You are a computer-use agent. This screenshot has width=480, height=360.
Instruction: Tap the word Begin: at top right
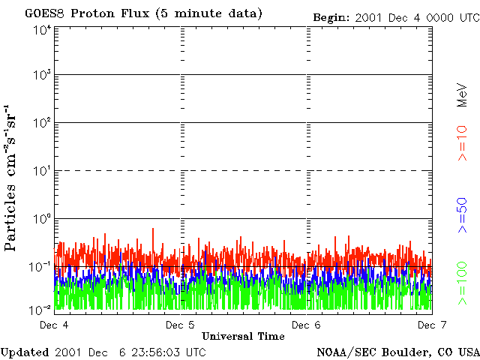pyautogui.click(x=332, y=17)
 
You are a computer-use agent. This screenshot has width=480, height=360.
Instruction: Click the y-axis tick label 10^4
pyautogui.click(x=42, y=30)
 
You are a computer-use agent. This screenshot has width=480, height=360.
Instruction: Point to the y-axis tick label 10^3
pyautogui.click(x=42, y=75)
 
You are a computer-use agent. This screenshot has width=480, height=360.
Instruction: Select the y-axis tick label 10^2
pyautogui.click(x=42, y=123)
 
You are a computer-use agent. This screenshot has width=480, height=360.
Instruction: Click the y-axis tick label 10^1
pyautogui.click(x=42, y=171)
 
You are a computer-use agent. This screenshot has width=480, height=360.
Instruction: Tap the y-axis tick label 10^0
pyautogui.click(x=42, y=219)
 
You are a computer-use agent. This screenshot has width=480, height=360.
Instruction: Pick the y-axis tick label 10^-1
pyautogui.click(x=40, y=267)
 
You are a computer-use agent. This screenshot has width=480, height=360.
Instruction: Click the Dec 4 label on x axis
pyautogui.click(x=54, y=325)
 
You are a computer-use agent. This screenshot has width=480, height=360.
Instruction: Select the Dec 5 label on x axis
pyautogui.click(x=180, y=325)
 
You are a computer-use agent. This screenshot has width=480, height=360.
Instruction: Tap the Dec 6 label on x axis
pyautogui.click(x=306, y=325)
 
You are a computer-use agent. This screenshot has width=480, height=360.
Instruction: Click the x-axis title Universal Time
pyautogui.click(x=243, y=336)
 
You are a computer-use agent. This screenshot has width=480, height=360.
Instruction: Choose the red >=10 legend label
pyautogui.click(x=463, y=142)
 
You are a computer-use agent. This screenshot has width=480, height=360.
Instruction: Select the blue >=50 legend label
pyautogui.click(x=463, y=214)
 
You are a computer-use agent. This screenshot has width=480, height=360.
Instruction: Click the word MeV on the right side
pyautogui.click(x=463, y=94)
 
